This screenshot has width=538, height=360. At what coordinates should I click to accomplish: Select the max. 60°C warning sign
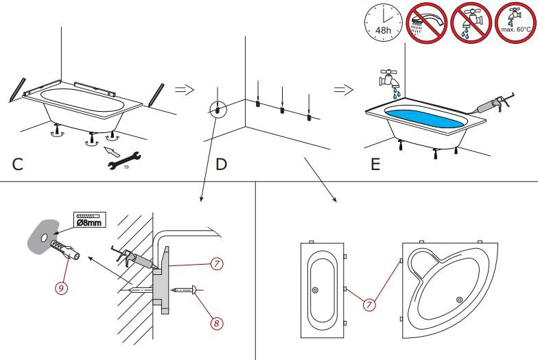pos(516,23)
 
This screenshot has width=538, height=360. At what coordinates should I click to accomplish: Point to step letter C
pos(19,165)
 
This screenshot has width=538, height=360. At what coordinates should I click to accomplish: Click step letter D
pos(221,165)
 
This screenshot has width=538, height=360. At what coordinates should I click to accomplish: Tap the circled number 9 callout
pos(61,288)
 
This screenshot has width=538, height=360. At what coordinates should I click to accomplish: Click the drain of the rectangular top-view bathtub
pos(315,291)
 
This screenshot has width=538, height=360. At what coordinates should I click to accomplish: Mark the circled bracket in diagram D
pos(218,109)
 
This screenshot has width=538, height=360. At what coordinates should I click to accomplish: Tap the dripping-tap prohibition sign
pos(472,23)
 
